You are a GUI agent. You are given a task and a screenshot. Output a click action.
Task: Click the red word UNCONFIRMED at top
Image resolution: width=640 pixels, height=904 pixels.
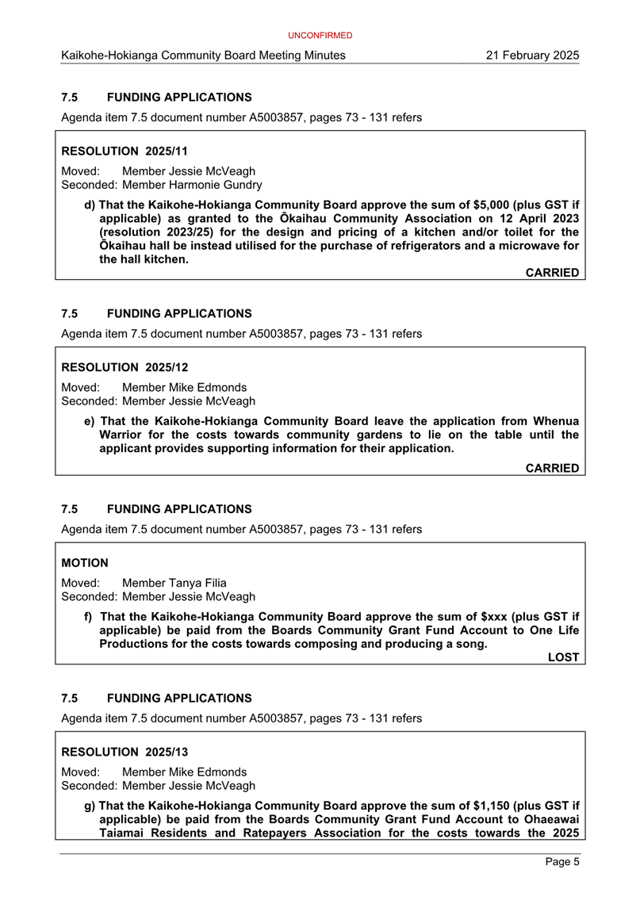pos(320,36)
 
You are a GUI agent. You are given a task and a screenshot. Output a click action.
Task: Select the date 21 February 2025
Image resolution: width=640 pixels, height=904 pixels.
pos(534,56)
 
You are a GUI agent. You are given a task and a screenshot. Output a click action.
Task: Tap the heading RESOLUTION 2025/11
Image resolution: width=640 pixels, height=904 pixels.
pos(124,150)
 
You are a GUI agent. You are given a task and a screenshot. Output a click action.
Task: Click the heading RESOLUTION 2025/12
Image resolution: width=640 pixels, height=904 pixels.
pos(124,367)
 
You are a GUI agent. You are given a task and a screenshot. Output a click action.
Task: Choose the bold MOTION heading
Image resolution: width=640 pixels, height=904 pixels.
pos(85,562)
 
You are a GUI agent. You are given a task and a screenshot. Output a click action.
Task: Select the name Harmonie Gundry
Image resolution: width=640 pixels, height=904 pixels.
pos(215,185)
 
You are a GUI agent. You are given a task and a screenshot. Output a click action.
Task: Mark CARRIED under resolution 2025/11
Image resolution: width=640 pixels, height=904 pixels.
pos(552,273)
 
